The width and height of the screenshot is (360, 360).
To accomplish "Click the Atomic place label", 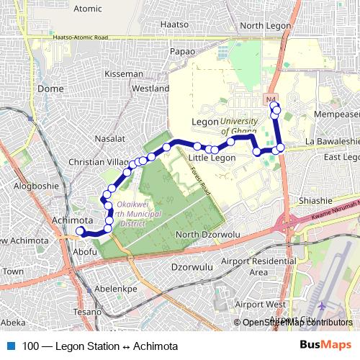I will (88, 9).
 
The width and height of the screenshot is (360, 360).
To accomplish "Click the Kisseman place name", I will (124, 73).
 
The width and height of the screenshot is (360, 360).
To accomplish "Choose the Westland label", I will (150, 89).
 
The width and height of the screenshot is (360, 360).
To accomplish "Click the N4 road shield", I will (271, 98).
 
